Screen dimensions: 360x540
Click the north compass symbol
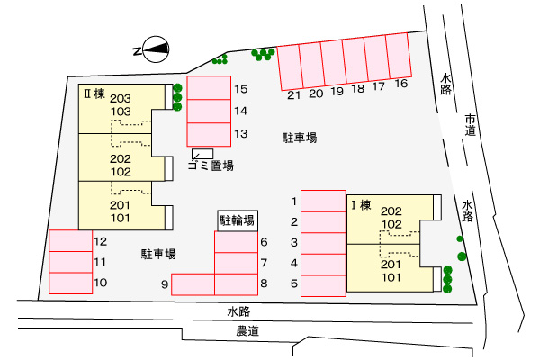pos(154,50)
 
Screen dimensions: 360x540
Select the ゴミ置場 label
pos(211,165)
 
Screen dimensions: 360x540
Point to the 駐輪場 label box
pos(237,219)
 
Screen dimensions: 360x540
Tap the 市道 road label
pos(470,125)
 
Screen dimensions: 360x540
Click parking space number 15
pos(209,88)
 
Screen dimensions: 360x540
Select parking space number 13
pos(209,133)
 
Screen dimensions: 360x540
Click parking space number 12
pos(71,241)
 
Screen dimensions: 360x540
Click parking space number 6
pos(237,242)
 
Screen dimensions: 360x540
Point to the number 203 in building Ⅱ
pos(121,98)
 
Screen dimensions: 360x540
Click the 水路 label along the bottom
pos(238,310)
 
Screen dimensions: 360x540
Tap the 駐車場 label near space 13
pos(300,138)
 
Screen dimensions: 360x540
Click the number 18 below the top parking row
pos(356,88)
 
